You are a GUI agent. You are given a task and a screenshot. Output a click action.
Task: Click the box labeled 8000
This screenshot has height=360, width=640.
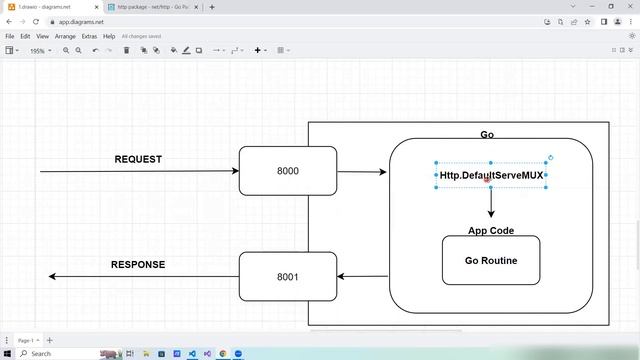click(x=288, y=171)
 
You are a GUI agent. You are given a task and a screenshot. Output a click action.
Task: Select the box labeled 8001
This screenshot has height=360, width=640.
click(x=288, y=277)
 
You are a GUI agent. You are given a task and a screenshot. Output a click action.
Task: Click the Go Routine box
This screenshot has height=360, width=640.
click(x=491, y=260)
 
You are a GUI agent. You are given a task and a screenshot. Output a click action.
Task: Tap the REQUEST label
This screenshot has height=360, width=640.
click(x=138, y=159)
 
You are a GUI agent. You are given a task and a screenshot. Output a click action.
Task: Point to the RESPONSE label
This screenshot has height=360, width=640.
click(x=138, y=265)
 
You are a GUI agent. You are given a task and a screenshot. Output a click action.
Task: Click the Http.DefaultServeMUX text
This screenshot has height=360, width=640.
click(x=491, y=175)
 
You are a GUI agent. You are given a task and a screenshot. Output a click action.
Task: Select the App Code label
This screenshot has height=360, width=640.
click(x=491, y=231)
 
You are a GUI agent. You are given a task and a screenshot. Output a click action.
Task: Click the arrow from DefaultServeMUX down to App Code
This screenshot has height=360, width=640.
click(x=491, y=203)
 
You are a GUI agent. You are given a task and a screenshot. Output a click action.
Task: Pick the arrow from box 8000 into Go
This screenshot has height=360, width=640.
click(x=362, y=172)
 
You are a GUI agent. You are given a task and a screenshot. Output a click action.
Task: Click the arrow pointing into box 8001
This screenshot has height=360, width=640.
click(x=362, y=277)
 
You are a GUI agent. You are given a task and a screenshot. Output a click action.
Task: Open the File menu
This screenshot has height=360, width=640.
click(x=10, y=36)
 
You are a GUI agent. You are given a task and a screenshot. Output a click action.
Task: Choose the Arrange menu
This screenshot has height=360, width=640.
click(x=65, y=36)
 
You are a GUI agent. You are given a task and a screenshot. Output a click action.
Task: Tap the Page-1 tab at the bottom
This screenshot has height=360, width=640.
click(x=26, y=340)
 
